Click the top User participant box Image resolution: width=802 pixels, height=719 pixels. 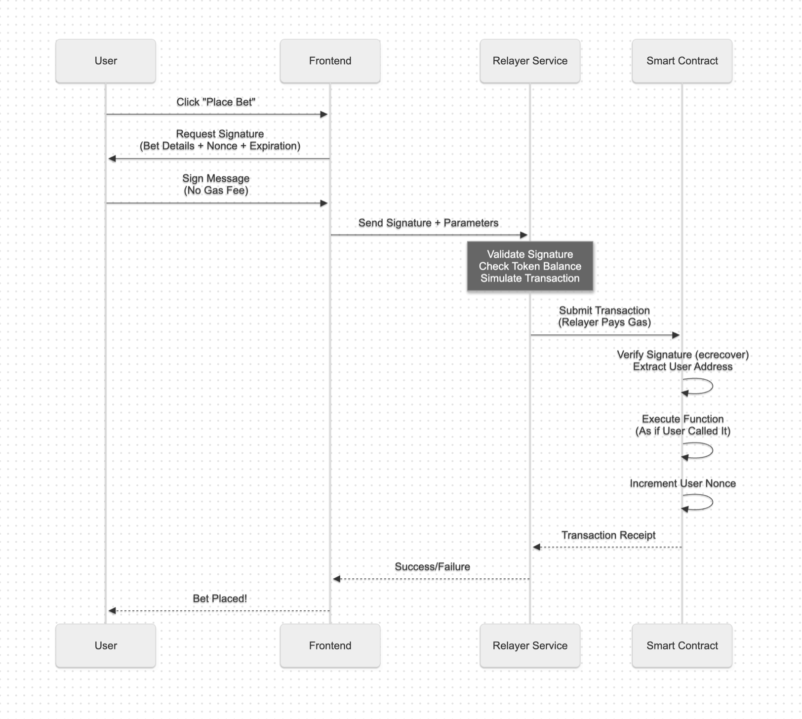106,61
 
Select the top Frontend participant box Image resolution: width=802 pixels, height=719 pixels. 330,61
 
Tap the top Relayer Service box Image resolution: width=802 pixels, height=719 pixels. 530,61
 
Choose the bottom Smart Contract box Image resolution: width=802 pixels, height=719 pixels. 682,645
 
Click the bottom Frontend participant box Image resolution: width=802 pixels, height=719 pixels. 330,645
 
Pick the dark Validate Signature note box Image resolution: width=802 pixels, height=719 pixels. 530,266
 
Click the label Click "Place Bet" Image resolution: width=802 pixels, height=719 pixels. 216,102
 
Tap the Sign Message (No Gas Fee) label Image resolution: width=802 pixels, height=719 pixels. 216,184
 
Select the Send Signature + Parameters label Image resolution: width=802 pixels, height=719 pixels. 428,223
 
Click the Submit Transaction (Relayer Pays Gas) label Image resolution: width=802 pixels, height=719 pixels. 604,317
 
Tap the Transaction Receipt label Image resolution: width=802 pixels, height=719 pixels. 608,535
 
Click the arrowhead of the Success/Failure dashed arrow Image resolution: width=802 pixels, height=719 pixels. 337,579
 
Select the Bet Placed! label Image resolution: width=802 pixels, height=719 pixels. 220,599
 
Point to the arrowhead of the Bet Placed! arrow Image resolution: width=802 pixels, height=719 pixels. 112,611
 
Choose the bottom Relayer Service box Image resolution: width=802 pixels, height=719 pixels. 530,645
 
